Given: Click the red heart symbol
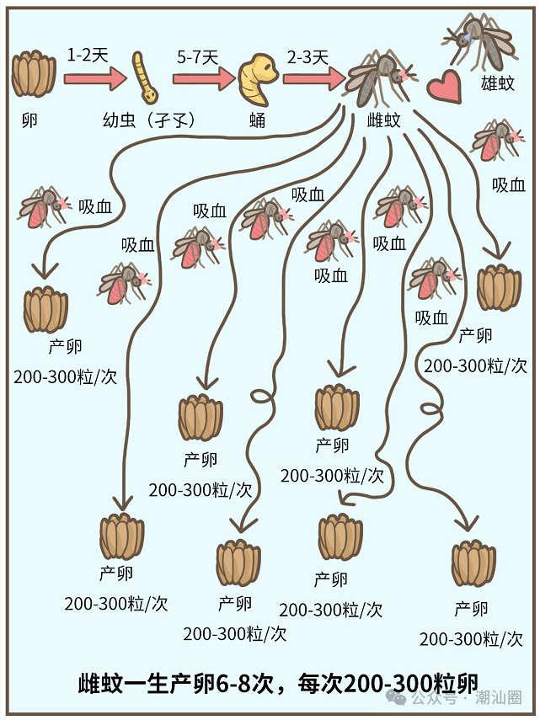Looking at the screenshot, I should coord(444,85).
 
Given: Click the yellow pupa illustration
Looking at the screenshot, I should coord(256,77).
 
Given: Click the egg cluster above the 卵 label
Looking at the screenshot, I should coord(35,74).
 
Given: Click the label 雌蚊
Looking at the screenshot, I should coord(384,120).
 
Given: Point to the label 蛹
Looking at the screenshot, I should coord(257,120).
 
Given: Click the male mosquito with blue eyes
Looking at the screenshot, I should coord(478,38).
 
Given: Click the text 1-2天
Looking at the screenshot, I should coord(88,57).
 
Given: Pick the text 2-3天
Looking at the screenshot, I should coord(307,57).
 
